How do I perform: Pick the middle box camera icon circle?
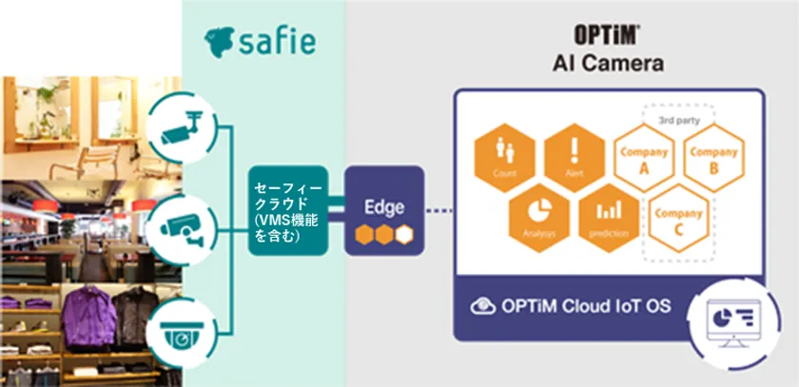pos(179,224)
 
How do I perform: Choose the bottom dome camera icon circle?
pos(179,334)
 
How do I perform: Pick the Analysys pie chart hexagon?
pos(538,212)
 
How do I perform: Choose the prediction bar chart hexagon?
pos(606,212)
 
